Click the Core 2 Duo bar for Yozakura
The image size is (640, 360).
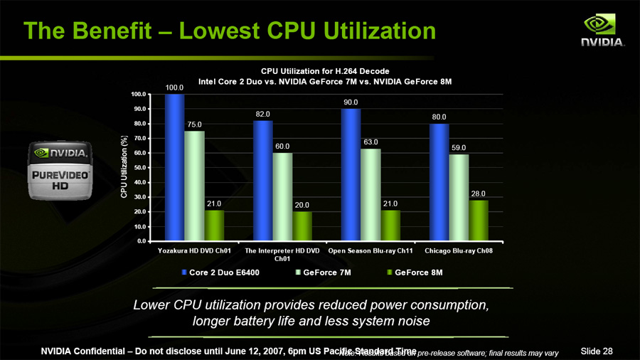click(x=174, y=168)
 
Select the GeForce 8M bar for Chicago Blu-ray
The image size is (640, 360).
click(x=479, y=221)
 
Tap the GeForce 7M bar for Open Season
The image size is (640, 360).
click(x=370, y=194)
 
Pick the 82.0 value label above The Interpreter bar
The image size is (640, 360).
click(x=262, y=114)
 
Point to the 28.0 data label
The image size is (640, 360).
click(x=479, y=194)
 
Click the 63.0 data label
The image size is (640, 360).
click(x=370, y=142)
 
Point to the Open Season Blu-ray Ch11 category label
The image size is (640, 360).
click(x=370, y=251)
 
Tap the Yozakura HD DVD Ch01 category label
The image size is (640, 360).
click(x=194, y=251)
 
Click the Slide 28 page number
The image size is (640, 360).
click(x=597, y=351)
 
